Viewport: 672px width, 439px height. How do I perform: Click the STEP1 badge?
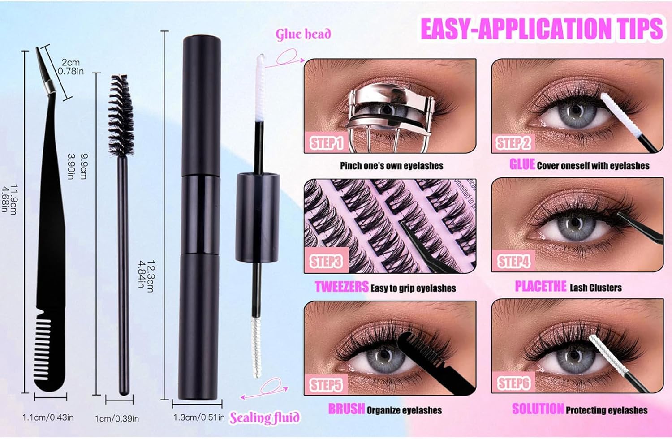tap(327, 142)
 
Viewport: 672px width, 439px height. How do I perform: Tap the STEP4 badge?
tap(514, 261)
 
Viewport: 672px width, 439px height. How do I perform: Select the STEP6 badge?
tap(514, 383)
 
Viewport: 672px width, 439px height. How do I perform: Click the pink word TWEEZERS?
tap(341, 287)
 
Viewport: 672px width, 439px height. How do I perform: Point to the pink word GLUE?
tap(522, 164)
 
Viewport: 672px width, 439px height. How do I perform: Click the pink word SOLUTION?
tap(538, 409)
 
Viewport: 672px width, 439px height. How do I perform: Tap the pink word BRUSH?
tap(346, 409)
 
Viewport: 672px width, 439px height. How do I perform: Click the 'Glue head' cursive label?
tap(303, 34)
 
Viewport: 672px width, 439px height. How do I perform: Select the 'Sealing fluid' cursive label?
tap(264, 417)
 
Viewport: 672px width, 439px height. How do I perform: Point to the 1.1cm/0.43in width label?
tap(48, 417)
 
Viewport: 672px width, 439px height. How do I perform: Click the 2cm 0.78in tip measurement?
tap(71, 67)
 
